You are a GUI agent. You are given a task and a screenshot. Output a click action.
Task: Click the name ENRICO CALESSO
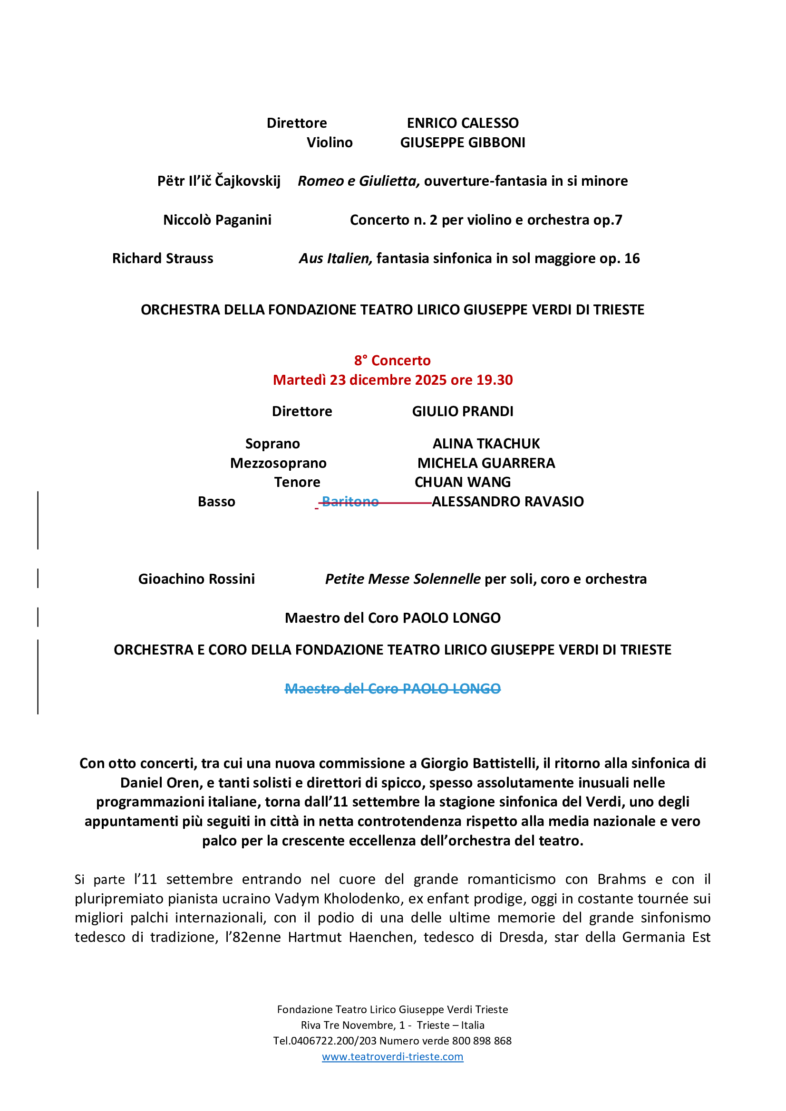[x=463, y=123]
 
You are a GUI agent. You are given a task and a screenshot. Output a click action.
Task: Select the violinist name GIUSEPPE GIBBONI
[x=463, y=142]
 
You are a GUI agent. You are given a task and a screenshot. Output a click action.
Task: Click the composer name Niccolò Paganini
[x=217, y=220]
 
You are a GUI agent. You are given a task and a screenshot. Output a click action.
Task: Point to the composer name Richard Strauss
[x=163, y=258]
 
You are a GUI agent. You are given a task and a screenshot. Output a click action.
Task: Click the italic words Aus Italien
[x=336, y=258]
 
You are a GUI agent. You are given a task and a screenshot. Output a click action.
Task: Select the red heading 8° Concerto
[x=392, y=361]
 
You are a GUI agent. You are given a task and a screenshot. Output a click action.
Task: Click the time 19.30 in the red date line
[x=495, y=380]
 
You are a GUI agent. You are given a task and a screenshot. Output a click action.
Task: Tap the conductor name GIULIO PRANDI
[x=463, y=411]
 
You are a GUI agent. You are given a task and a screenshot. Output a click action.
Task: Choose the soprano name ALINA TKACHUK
[x=486, y=444]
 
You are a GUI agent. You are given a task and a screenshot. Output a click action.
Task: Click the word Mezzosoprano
[x=278, y=463]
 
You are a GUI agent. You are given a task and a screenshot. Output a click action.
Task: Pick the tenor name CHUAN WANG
[x=463, y=482]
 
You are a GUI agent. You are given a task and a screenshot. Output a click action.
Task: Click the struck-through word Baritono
[x=350, y=501]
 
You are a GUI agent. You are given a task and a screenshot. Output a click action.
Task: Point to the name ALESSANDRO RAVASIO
[x=507, y=501]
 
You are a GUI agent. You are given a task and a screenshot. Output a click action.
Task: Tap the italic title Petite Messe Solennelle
[x=402, y=579]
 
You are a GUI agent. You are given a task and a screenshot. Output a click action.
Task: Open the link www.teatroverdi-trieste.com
[x=392, y=1056]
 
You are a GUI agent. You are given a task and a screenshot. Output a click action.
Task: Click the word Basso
[x=216, y=501]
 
